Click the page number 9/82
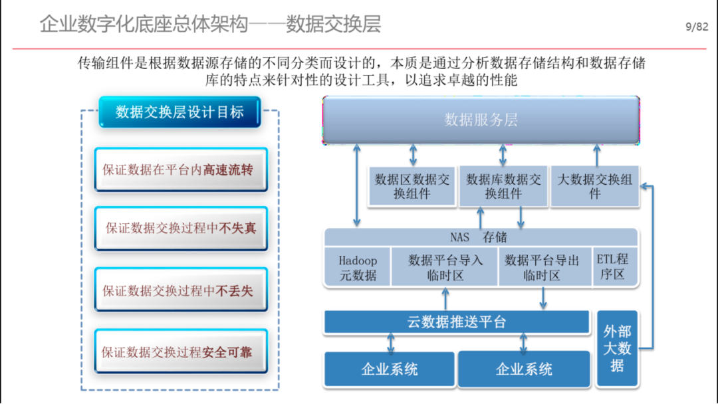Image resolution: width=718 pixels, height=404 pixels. [697, 27]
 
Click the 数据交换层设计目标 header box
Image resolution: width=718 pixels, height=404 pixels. [180, 112]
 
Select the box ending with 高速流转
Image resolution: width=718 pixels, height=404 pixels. [181, 169]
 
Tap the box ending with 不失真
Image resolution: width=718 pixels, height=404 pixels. [181, 228]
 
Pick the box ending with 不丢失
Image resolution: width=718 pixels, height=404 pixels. [181, 290]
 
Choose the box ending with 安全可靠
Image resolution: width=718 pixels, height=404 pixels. [181, 351]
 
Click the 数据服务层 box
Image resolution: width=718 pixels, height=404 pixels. [481, 120]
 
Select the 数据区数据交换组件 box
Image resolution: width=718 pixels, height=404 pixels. [412, 186]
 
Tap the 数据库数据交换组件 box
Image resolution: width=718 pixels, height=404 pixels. [503, 186]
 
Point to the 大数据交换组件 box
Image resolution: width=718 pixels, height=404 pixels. [595, 186]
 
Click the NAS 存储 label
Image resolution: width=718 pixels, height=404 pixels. [479, 237]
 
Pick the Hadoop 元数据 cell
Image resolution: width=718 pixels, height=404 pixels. [358, 268]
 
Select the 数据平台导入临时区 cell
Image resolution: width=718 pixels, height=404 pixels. [445, 268]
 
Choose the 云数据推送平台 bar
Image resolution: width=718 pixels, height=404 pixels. [457, 322]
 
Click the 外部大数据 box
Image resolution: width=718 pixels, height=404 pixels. [617, 349]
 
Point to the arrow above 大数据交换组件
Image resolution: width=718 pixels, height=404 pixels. [596, 155]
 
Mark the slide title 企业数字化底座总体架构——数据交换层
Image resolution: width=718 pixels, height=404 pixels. [210, 24]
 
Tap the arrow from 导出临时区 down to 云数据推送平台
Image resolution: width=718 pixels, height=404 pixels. [543, 298]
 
